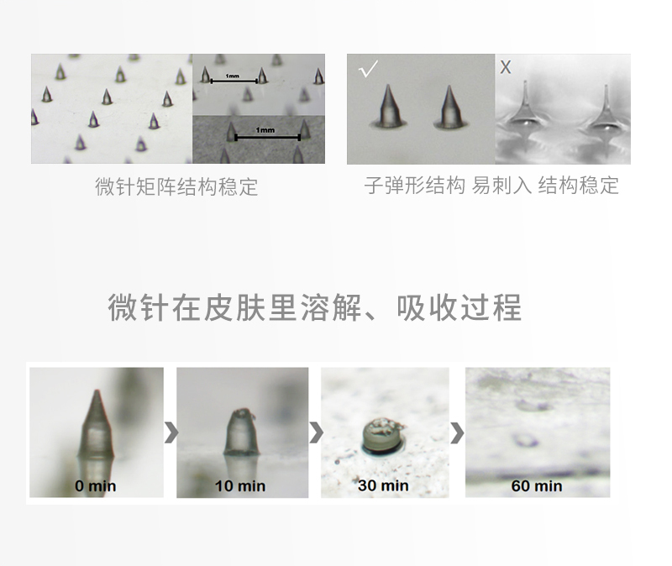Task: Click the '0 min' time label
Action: (96, 485)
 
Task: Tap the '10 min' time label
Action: (240, 485)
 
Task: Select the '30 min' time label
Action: (384, 485)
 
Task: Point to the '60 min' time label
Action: (537, 485)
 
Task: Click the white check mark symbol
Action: (367, 69)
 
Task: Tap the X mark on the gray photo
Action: (505, 68)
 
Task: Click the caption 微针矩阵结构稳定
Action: (176, 186)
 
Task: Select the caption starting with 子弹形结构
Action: (491, 186)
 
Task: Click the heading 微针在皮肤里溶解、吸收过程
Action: (315, 308)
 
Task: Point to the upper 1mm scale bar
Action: (234, 80)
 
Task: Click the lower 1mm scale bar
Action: (266, 134)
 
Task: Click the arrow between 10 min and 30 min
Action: (316, 432)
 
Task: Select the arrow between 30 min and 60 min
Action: (457, 432)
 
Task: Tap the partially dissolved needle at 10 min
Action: (242, 432)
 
